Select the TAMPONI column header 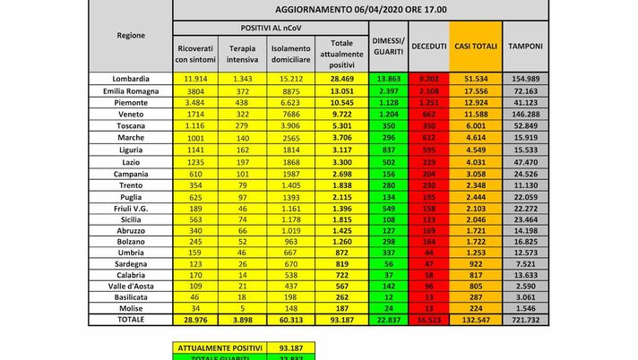click(x=524, y=45)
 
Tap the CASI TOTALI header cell click(x=474, y=45)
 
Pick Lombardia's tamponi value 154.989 click(x=524, y=81)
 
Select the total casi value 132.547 click(x=474, y=319)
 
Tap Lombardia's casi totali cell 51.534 click(x=474, y=81)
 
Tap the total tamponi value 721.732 click(x=524, y=319)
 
